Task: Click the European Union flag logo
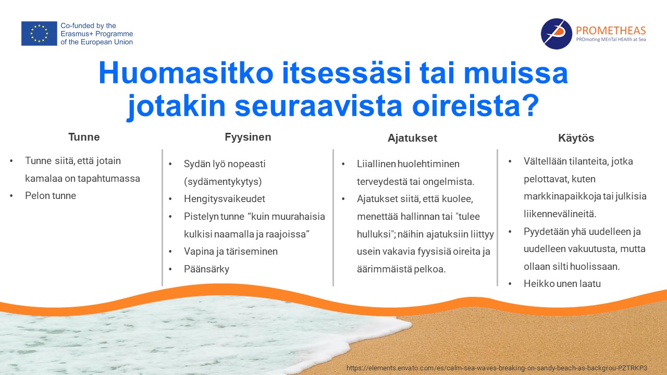coord(39,33)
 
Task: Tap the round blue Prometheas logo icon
coord(556,34)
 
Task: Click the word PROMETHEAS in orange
coord(611,30)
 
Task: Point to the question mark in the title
coord(530,105)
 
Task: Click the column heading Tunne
coord(84,137)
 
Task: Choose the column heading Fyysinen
coord(248,137)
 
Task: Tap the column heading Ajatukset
coord(412,138)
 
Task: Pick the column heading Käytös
coord(576,138)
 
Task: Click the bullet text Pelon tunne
coord(51,195)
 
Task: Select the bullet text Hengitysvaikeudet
coord(224,199)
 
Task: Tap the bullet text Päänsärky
coord(206,269)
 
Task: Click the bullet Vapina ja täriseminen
coord(230,251)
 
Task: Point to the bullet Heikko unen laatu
coord(562,284)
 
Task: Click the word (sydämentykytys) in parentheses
coord(223,182)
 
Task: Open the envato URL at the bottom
coord(497,368)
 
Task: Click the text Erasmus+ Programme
coord(97,34)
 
